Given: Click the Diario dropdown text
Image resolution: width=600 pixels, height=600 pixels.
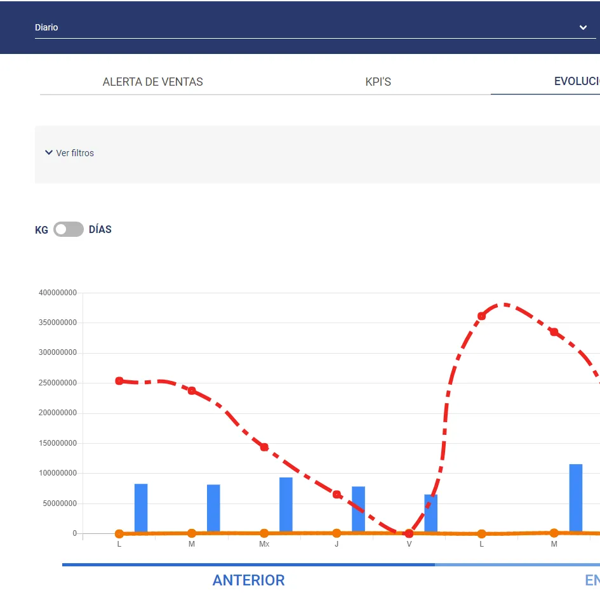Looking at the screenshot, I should pos(46,28).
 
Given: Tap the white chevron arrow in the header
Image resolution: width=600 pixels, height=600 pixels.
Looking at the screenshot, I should pos(583,28).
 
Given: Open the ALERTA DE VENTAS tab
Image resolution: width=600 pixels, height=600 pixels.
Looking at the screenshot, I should pos(153,82).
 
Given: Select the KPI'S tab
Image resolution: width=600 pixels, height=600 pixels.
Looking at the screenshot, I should pos(378,82).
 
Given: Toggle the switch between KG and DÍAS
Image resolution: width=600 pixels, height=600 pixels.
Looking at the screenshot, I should pos(69,229).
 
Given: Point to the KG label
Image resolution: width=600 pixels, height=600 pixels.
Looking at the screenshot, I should pos(41,230).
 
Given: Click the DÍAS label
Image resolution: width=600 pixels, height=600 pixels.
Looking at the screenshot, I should pos(100,230).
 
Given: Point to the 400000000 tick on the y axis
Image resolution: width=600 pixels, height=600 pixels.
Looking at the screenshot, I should pos(58,293).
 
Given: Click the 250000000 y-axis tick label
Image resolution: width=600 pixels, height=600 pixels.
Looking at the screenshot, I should pos(58,383).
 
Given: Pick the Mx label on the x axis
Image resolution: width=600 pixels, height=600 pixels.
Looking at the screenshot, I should pos(264,544).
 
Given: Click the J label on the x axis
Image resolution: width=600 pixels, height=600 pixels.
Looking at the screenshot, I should pos(337,544).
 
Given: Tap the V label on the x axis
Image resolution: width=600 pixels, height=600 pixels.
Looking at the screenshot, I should pos(409,544).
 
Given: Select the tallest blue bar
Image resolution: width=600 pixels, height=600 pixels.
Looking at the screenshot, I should pos(576,498).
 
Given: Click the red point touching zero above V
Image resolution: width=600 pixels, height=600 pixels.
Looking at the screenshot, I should pos(409,533).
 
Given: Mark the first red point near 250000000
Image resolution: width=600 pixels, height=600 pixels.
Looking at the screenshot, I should pos(119,381).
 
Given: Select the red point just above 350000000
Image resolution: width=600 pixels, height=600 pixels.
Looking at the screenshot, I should pos(481,316).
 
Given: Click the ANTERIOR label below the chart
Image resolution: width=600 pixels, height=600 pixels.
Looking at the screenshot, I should pos(248,580).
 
